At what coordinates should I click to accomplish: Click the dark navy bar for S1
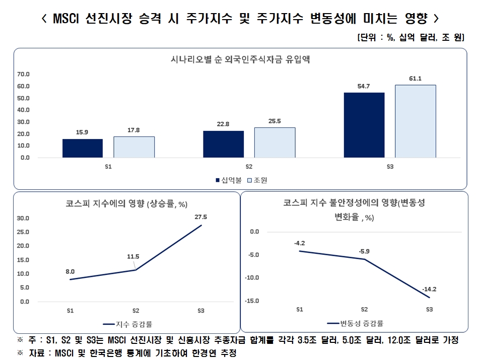coord(83,148)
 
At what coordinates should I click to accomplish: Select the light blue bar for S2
coord(275,142)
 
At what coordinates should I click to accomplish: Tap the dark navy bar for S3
coord(364,125)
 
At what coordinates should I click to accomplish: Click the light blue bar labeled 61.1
coord(415,121)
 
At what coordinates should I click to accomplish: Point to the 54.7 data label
coord(364,86)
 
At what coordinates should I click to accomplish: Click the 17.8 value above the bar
coord(134,130)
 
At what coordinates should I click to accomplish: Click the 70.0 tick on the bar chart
coord(24,74)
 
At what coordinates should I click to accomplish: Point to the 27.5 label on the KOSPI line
coord(200,217)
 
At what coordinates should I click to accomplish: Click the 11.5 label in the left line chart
coord(133,256)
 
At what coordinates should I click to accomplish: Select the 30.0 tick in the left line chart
coord(24,219)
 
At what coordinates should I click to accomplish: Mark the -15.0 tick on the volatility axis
coord(251,301)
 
